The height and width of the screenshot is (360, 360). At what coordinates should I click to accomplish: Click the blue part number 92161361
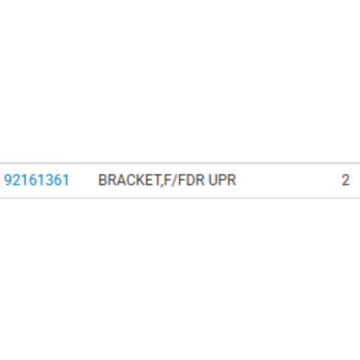tap(36, 180)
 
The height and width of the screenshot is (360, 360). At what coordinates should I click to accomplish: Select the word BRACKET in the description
tap(129, 180)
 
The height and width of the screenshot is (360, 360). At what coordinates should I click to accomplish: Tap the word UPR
tap(222, 180)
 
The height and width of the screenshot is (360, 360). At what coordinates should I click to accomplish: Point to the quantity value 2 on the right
tap(345, 180)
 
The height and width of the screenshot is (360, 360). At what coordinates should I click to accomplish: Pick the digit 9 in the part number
tap(8, 180)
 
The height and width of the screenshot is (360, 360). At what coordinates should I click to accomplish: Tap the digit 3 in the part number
tap(49, 180)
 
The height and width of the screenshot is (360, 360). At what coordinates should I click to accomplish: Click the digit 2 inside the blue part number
tap(16, 180)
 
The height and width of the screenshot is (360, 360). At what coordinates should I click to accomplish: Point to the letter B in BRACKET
tap(103, 180)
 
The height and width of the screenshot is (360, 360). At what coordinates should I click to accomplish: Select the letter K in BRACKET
tap(138, 180)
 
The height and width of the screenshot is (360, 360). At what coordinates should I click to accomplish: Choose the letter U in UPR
tap(213, 180)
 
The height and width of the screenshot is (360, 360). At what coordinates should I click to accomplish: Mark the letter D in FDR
tap(191, 180)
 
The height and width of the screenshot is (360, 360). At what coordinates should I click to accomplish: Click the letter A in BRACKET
tap(120, 180)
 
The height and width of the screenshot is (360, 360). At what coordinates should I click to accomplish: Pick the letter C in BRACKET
tap(130, 180)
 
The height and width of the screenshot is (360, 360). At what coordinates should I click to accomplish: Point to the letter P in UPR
tap(222, 180)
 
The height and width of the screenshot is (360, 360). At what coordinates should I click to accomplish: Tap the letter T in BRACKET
tap(156, 180)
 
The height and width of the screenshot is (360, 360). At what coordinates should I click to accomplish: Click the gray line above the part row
tap(180, 164)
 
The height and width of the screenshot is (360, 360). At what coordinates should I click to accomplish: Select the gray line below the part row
tap(180, 198)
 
